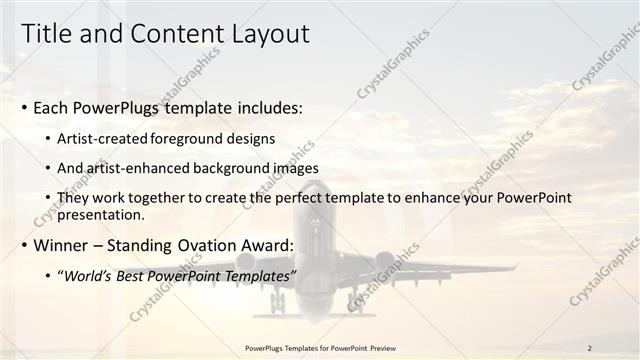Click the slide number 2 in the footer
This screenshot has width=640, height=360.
[589, 348]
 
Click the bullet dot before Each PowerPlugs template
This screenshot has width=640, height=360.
[25, 107]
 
